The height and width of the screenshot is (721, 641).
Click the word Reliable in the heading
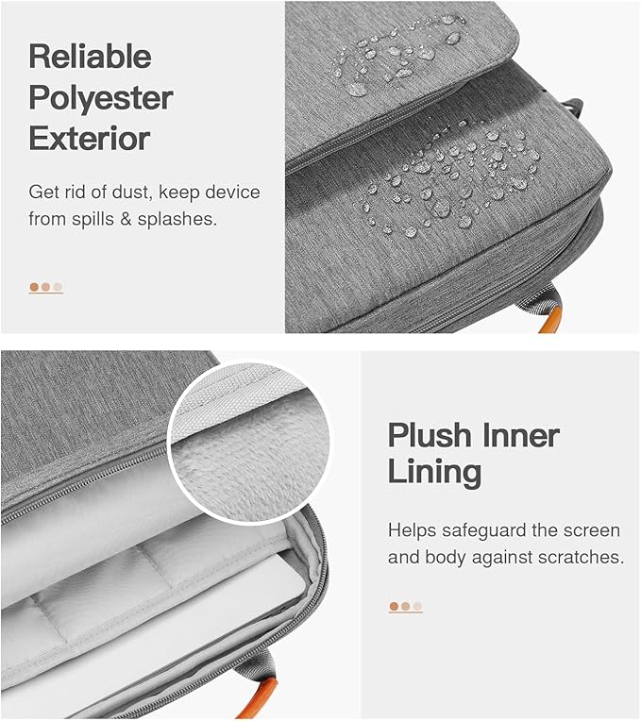(x=90, y=56)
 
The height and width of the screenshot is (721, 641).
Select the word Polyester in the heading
(x=101, y=98)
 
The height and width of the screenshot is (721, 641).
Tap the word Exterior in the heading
(x=90, y=139)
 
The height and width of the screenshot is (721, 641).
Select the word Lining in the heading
(x=434, y=473)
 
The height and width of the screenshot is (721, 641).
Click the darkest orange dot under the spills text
(x=34, y=288)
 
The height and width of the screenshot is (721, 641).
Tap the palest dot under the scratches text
(x=417, y=607)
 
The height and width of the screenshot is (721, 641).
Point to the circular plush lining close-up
(x=249, y=442)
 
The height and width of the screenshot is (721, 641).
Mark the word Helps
(x=412, y=531)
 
